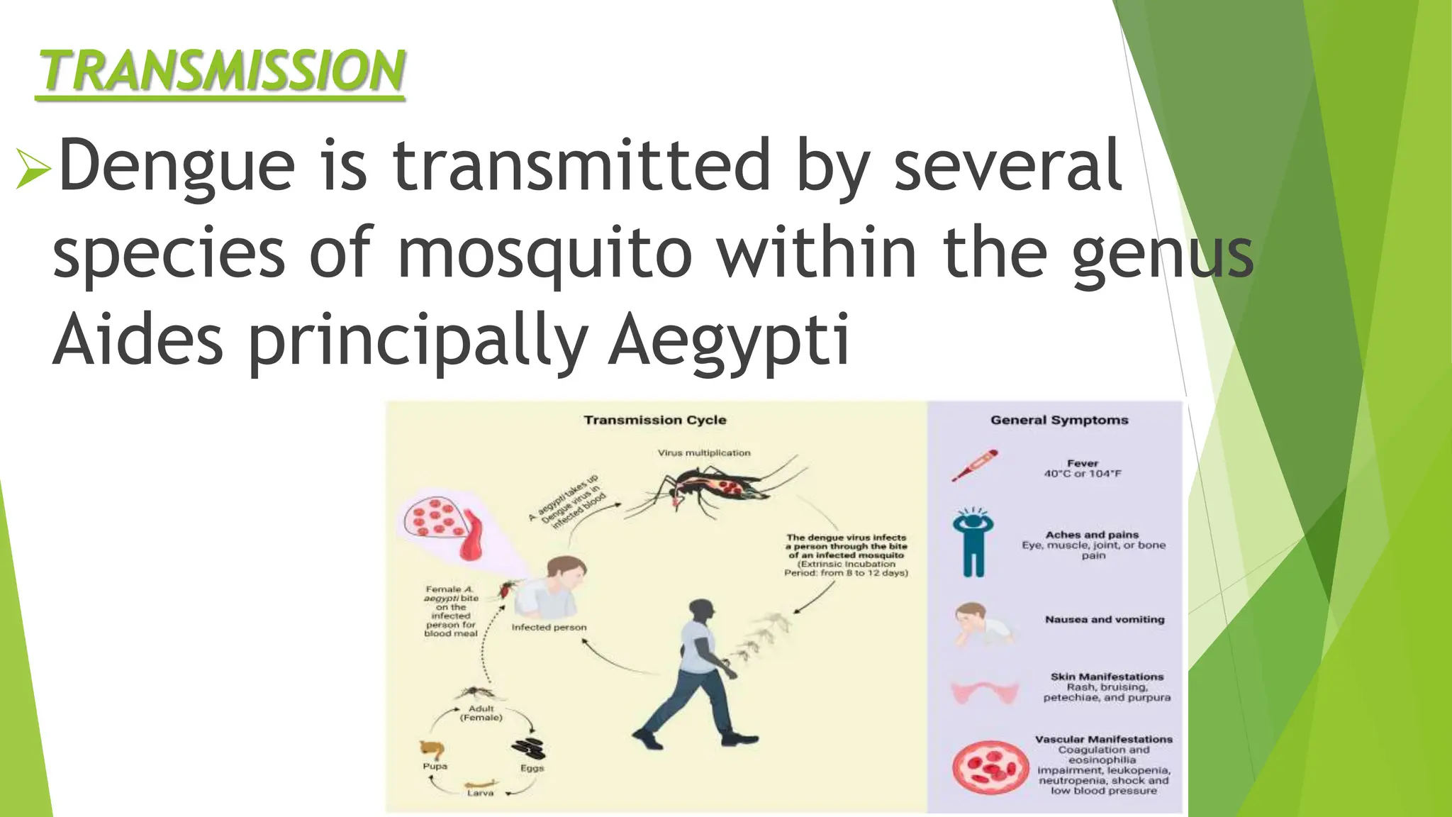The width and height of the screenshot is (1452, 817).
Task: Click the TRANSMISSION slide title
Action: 221,71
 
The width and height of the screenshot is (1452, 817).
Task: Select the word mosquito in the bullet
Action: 544,252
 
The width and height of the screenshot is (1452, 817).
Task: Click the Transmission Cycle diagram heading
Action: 654,420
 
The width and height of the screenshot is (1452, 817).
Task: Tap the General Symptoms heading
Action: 1059,420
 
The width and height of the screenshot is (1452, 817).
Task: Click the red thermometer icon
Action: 974,465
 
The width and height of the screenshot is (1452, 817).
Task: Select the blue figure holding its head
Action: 973,543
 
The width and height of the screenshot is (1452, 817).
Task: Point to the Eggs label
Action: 532,768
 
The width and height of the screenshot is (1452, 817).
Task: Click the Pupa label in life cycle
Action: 435,767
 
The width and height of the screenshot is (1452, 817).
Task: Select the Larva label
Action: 480,793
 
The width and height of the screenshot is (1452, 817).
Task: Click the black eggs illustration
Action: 528,749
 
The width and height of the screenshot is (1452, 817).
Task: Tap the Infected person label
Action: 549,628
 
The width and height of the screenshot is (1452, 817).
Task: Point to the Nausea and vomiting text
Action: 1104,619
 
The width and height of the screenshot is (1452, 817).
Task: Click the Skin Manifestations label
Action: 1107,677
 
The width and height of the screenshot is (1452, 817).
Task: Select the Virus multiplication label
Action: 703,452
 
